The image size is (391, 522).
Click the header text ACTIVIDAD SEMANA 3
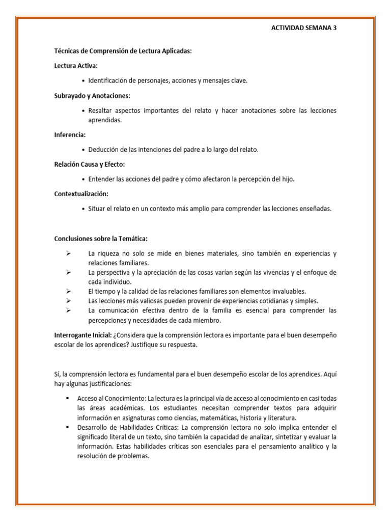click(x=303, y=29)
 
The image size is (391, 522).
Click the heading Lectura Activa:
click(x=76, y=66)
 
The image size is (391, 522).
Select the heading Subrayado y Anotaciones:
click(x=92, y=95)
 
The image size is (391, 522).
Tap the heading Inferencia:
click(x=70, y=135)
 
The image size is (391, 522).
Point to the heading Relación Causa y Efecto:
click(x=89, y=164)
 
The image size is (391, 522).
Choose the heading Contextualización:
click(x=81, y=194)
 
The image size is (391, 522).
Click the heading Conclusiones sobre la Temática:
click(x=101, y=239)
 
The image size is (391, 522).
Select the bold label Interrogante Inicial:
click(x=83, y=335)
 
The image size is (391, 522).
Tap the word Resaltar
click(x=101, y=111)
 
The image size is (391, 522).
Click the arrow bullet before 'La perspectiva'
click(x=68, y=272)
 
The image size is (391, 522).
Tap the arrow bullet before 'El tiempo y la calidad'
click(x=68, y=291)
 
